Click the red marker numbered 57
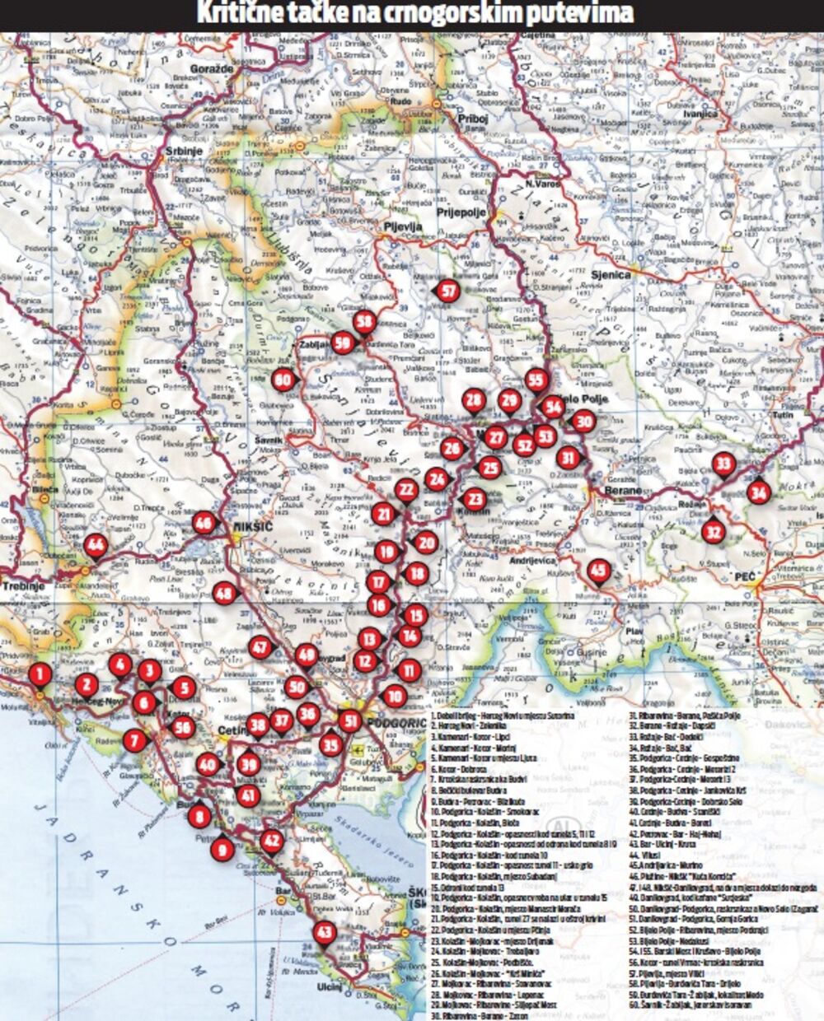(448, 291)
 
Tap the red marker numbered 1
(40, 674)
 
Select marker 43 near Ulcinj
(325, 932)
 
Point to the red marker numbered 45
(598, 571)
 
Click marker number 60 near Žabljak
(284, 380)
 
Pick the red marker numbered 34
(758, 492)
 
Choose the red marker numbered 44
(96, 544)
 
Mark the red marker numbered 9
(221, 848)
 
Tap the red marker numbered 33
(723, 464)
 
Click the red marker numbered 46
(203, 523)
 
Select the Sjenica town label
(611, 275)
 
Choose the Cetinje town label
(232, 731)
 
